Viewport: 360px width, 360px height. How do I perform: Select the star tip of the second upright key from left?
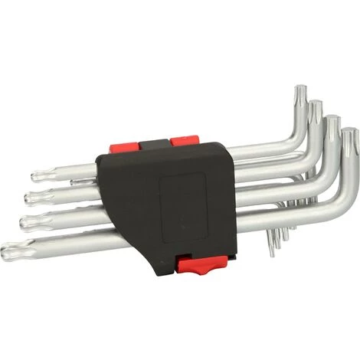(315, 112)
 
